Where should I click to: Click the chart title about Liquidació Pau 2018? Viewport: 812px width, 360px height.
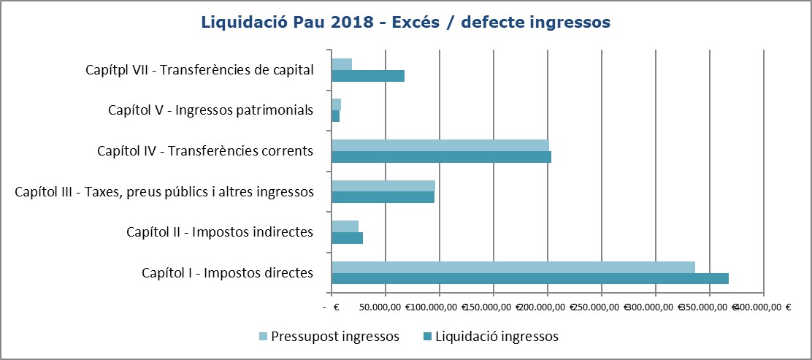click(405, 23)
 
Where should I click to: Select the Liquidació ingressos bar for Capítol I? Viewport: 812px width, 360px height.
click(530, 278)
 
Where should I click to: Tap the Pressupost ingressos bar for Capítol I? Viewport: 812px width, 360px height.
click(513, 267)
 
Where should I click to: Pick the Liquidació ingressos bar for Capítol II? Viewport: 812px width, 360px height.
click(347, 238)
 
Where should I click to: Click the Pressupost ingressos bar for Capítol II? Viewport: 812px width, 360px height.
click(345, 226)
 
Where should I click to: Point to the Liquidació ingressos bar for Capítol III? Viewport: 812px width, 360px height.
click(383, 197)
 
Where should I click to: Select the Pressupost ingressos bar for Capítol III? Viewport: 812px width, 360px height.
click(383, 186)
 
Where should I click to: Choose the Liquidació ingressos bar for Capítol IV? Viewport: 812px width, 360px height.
click(441, 157)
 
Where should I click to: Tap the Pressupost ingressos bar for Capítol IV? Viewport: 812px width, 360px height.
click(440, 145)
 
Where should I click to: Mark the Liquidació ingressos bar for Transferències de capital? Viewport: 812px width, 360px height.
click(368, 76)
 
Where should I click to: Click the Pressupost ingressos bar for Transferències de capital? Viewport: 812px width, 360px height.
click(342, 64)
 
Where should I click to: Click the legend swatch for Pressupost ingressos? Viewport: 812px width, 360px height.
click(264, 337)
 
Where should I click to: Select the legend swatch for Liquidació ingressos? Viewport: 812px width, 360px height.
click(427, 337)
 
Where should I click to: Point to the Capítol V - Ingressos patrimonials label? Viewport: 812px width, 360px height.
click(210, 110)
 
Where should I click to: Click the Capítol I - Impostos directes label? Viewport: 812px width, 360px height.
click(227, 273)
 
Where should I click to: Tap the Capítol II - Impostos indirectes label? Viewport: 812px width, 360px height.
click(220, 232)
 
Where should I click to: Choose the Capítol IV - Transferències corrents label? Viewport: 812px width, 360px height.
click(205, 151)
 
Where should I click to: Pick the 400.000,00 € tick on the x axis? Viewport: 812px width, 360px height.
click(764, 307)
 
